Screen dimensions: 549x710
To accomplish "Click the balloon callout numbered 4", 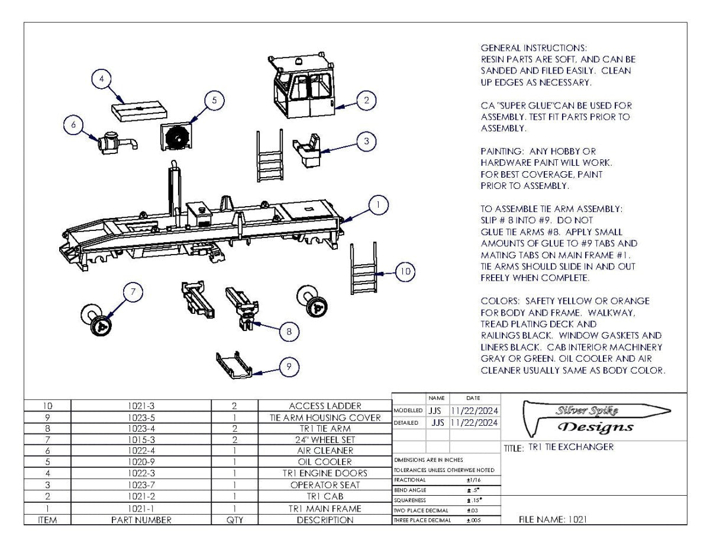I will pos(102,79).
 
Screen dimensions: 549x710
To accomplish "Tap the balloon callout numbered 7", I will pos(134,291).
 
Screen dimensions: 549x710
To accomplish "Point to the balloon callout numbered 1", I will pos(378,205).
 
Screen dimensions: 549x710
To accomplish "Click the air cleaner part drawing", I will pos(115,142).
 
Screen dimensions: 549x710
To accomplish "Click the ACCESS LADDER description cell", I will pos(325,406).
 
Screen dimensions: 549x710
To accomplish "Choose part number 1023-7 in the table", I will pos(141,485).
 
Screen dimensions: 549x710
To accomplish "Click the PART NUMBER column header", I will pos(141,520).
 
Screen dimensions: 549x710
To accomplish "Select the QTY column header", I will pos(234,520).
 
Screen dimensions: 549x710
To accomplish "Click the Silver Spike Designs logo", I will pos(594,419).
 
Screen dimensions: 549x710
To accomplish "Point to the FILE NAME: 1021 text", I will pos(553,519).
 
